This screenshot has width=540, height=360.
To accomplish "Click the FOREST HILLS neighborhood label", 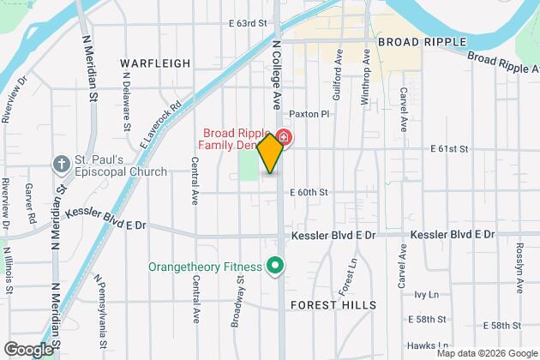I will [333, 305].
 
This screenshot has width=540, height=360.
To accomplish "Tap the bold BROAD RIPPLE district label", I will [421, 41].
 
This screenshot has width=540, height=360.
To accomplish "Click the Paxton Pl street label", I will [309, 113].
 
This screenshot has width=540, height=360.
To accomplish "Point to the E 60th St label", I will [309, 193].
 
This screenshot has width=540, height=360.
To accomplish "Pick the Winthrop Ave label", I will [365, 77].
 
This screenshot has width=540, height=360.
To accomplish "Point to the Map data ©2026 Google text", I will [486, 353].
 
